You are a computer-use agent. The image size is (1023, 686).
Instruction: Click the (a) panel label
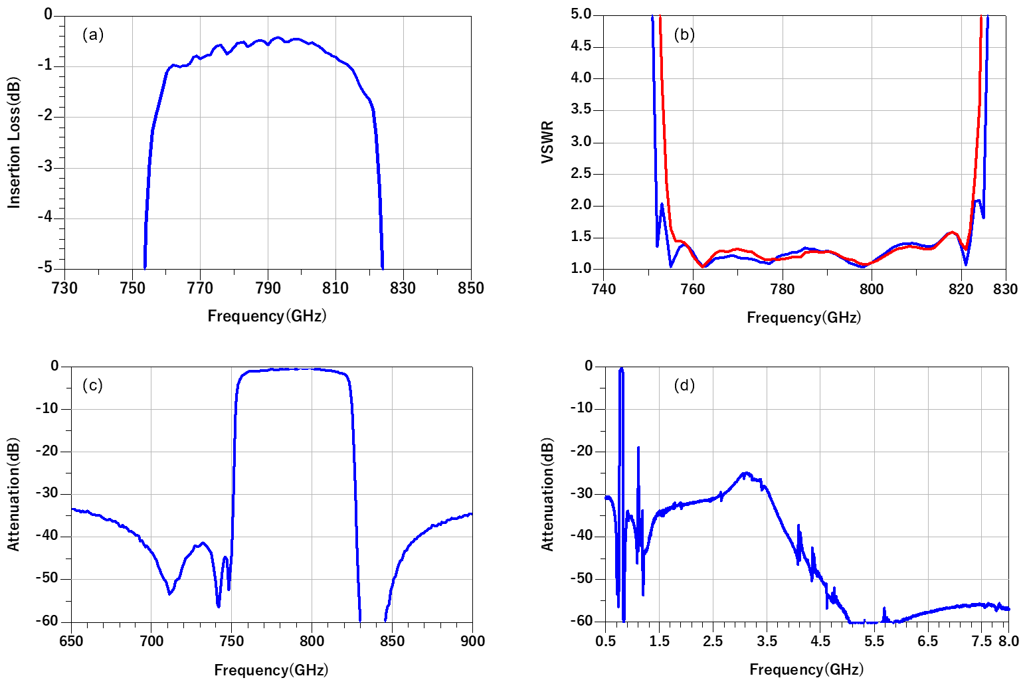click(93, 35)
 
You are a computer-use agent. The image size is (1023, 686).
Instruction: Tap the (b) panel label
click(684, 35)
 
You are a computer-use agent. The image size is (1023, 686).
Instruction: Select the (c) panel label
click(92, 385)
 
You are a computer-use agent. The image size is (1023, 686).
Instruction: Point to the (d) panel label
click(684, 385)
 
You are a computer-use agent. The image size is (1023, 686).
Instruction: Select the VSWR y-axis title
click(547, 142)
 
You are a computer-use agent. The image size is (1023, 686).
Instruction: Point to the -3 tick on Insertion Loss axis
click(45, 167)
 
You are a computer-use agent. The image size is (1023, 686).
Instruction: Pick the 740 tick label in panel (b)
click(603, 290)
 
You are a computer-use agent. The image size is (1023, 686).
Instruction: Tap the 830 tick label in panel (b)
click(1005, 290)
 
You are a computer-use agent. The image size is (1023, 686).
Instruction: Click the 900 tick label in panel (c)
click(472, 642)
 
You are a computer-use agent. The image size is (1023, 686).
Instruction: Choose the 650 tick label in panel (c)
click(71, 642)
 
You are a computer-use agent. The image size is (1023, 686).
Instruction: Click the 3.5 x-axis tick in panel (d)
click(767, 642)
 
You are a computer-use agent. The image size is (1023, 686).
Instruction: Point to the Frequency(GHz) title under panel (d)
click(806, 669)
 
